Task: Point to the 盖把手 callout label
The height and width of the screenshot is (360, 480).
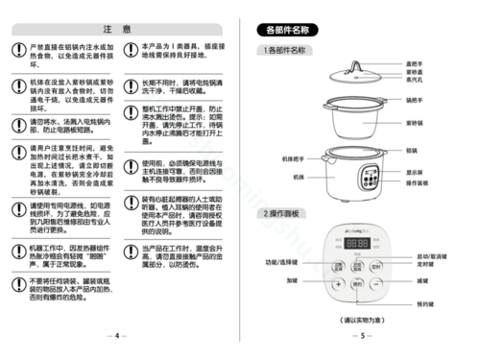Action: [417, 63]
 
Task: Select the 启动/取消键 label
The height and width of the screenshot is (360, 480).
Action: [431, 257]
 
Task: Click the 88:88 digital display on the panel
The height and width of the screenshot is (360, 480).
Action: [357, 244]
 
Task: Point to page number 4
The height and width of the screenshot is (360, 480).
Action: [119, 336]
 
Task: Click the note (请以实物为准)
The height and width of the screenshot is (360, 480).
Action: [361, 320]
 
